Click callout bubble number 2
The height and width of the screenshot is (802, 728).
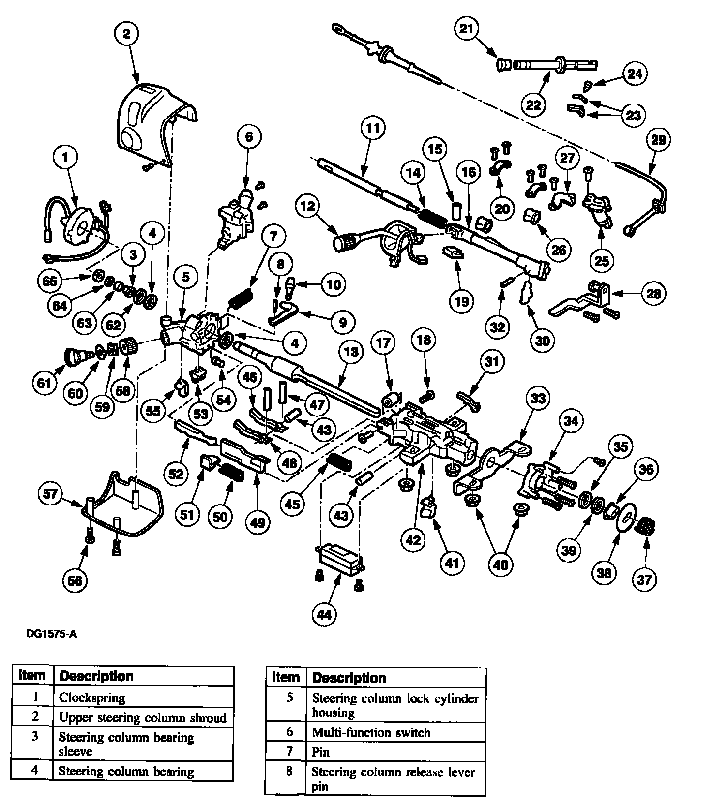pyautogui.click(x=127, y=33)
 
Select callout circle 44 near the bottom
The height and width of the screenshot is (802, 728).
pyautogui.click(x=324, y=614)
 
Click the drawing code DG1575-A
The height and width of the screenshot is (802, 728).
pyautogui.click(x=52, y=634)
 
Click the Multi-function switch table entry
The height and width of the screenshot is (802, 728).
pyautogui.click(x=371, y=732)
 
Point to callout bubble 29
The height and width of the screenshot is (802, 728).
pyautogui.click(x=658, y=140)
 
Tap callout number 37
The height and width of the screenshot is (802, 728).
pyautogui.click(x=644, y=579)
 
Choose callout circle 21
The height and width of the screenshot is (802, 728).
pyautogui.click(x=466, y=29)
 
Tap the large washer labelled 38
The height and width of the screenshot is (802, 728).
pyautogui.click(x=626, y=520)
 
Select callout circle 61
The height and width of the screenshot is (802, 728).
pyautogui.click(x=44, y=384)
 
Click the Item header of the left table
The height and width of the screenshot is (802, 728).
pyautogui.click(x=32, y=675)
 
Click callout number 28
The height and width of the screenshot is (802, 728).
pyautogui.click(x=654, y=293)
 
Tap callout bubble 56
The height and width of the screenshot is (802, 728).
pyautogui.click(x=76, y=580)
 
